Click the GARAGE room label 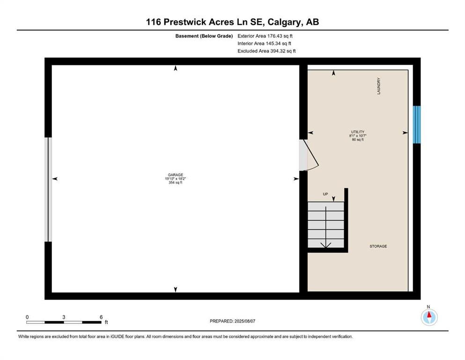click(175, 175)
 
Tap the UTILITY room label click(358, 132)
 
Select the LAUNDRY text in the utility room click(379, 86)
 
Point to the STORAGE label click(378, 246)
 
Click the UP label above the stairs click(325, 194)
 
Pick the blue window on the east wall click(417, 125)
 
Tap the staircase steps click(326, 225)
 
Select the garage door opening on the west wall click(48, 189)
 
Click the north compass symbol click(429, 317)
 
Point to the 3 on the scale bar click(64, 317)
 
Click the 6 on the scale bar click(101, 317)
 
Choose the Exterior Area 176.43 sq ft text click(265, 36)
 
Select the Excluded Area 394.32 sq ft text click(266, 51)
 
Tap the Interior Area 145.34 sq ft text click(264, 43)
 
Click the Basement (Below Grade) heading click(204, 36)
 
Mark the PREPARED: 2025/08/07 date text click(232, 321)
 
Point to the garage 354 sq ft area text click(175, 182)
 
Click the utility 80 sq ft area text click(358, 140)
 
